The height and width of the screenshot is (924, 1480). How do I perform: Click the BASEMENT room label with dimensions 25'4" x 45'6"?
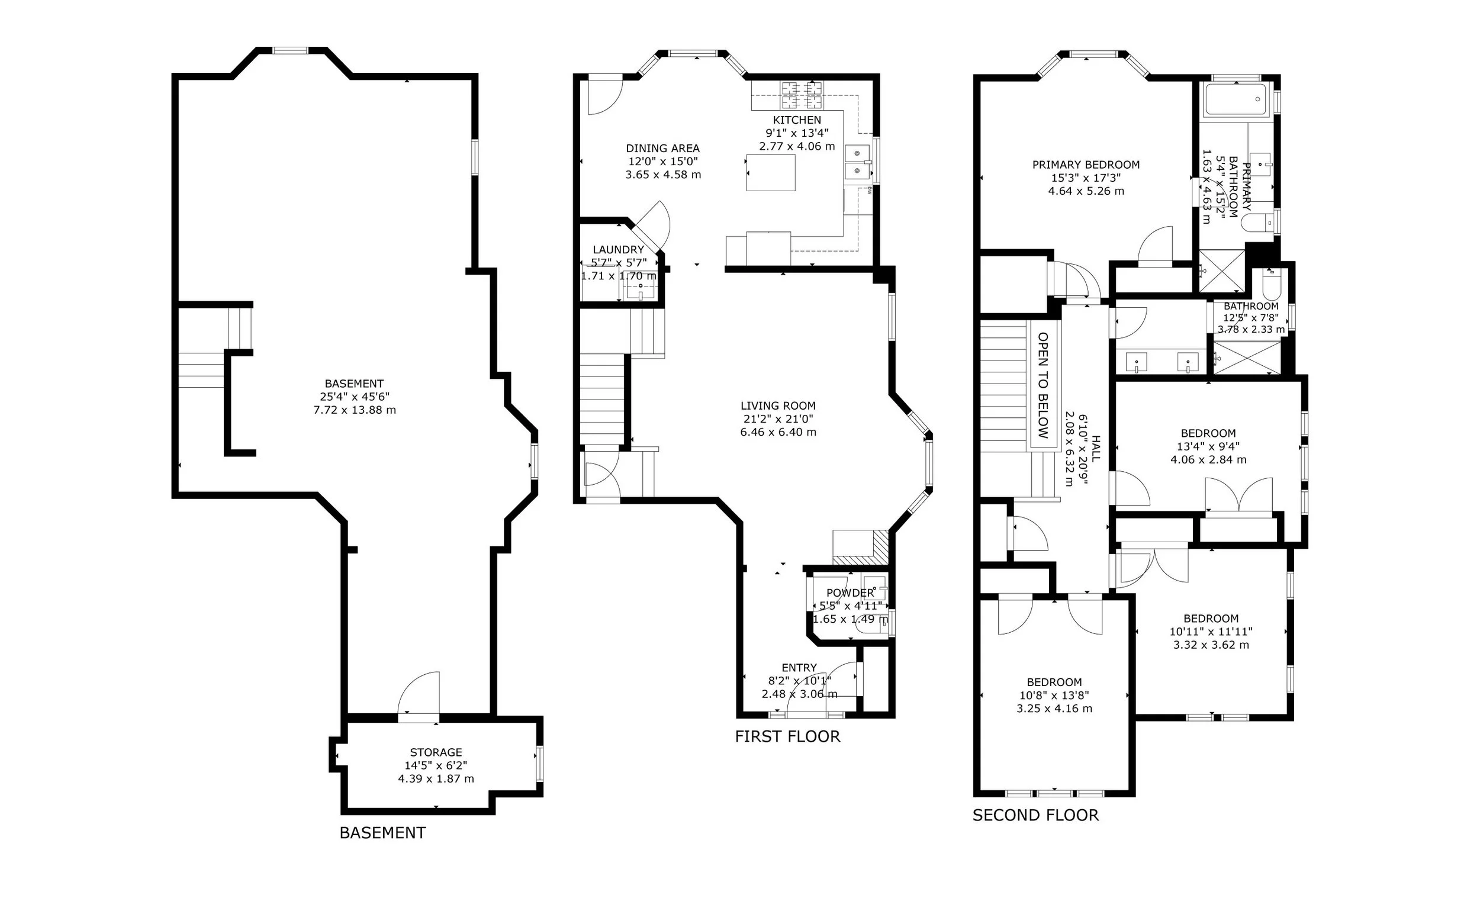[x=355, y=384]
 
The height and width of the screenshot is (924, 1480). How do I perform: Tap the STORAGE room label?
[x=436, y=752]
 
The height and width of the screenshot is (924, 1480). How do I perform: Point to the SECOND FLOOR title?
[x=1035, y=815]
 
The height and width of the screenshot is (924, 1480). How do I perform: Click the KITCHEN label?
[x=797, y=120]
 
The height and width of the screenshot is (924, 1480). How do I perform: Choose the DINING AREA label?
[x=662, y=148]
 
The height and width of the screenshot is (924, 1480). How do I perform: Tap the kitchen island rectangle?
[x=771, y=173]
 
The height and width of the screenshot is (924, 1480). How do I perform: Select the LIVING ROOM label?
[x=778, y=406]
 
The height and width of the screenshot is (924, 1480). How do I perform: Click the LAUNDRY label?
[x=619, y=249]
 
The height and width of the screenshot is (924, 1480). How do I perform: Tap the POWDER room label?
[x=850, y=593]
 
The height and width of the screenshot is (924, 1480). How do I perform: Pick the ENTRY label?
[x=799, y=668]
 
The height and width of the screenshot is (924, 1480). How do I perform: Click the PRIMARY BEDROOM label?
[x=1086, y=165]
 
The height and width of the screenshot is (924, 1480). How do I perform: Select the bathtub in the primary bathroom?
[x=1236, y=100]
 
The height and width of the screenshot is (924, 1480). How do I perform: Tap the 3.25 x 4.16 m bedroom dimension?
[x=1054, y=709]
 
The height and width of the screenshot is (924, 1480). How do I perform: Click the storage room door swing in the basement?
[x=419, y=693]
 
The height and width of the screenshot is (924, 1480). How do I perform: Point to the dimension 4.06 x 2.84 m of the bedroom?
[x=1208, y=459]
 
